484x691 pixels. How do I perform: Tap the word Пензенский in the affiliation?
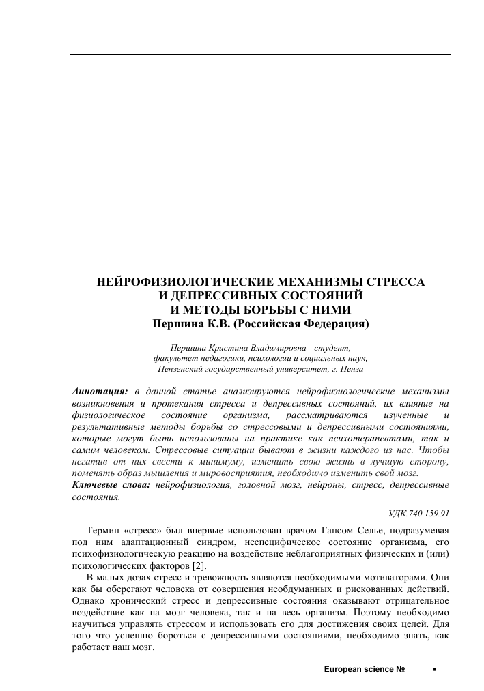(184, 369)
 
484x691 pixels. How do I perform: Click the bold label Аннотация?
(100, 392)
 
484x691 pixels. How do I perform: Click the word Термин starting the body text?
(102, 529)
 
